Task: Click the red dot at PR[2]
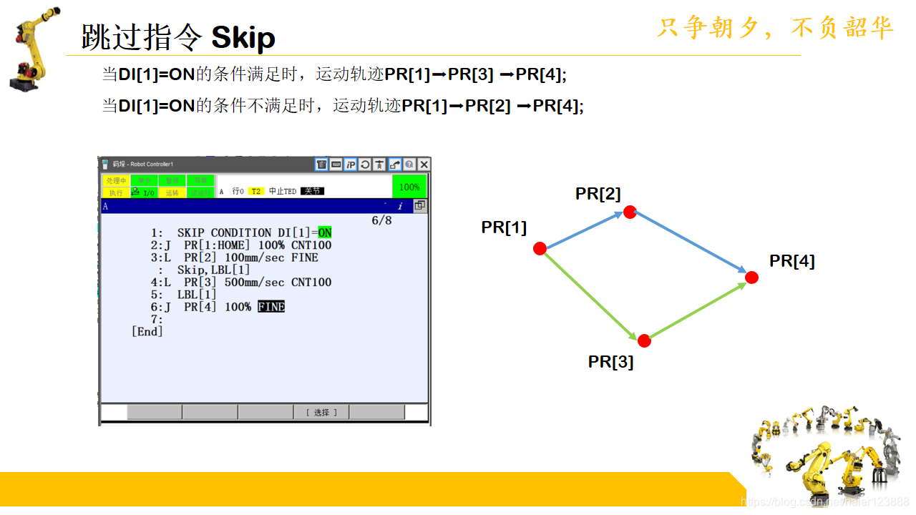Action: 630,212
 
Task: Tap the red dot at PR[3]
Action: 644,340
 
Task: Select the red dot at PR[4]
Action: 751,277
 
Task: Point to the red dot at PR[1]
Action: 540,248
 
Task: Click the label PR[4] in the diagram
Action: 791,261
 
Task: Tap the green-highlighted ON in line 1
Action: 325,233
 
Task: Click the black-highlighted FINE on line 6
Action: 271,307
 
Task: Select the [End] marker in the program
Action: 147,331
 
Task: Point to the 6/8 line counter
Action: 381,220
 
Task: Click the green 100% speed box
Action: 409,187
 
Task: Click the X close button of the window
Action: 424,165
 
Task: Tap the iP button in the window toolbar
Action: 351,165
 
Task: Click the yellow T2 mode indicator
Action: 256,192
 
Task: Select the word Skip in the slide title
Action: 243,37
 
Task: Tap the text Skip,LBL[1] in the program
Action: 214,270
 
